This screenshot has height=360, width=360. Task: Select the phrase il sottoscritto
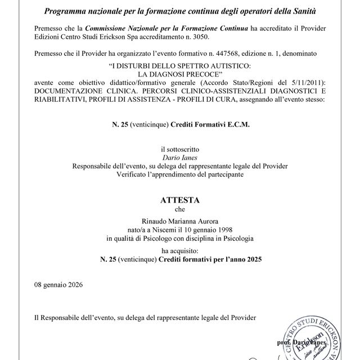179,150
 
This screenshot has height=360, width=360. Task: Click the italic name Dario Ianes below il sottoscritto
179,158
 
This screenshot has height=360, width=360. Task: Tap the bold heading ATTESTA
179,200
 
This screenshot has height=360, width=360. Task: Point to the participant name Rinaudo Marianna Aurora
179,222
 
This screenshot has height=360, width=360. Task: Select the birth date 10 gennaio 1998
208,229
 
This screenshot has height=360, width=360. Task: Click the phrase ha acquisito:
179,251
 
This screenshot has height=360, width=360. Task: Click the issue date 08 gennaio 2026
58,285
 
